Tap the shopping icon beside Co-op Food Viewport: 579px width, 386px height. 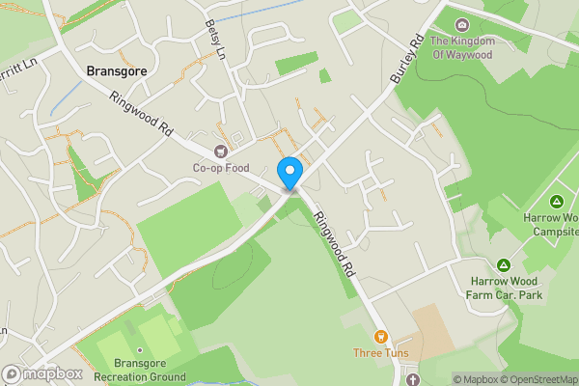[x=220, y=151]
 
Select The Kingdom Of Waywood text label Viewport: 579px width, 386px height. [x=462, y=47]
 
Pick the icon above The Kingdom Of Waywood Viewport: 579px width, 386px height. [x=462, y=25]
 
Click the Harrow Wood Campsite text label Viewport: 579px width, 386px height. [x=551, y=226]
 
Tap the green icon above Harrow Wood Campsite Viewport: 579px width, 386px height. [x=557, y=202]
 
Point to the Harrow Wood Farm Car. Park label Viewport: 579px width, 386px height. [x=502, y=287]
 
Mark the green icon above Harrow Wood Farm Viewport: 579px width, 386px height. [x=503, y=264]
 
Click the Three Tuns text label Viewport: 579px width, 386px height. [x=380, y=353]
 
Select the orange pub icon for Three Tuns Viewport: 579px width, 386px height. [x=380, y=337]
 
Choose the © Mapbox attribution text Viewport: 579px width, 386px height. [x=480, y=379]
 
